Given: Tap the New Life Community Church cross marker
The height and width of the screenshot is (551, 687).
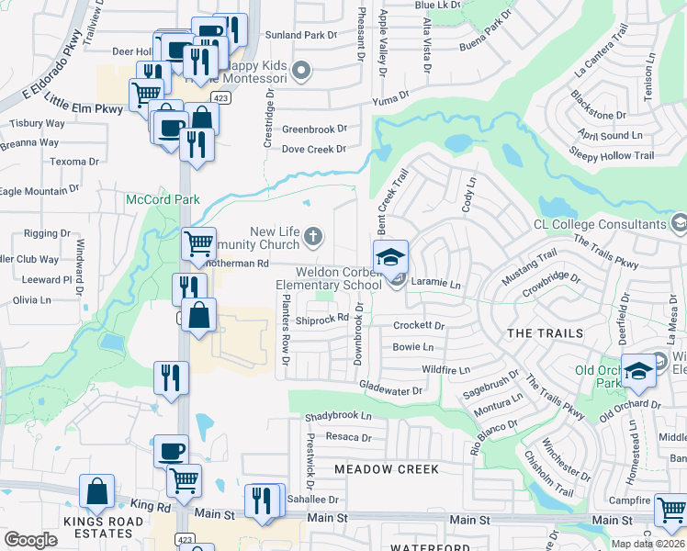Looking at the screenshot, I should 313,237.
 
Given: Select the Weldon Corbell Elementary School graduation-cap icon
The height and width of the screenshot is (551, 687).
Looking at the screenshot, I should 390,256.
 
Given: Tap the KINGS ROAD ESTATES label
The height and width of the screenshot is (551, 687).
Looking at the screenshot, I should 80,527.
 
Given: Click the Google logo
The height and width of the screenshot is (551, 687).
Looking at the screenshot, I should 31,540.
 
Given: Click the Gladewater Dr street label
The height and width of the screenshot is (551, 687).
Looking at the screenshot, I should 390,389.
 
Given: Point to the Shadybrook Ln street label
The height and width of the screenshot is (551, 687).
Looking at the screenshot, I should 339,416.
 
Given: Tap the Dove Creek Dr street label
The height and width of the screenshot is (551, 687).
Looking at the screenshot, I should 313,149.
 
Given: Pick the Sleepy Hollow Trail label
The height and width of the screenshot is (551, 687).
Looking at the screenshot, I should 612,155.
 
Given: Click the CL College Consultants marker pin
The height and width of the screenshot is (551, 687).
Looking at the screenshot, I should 679,224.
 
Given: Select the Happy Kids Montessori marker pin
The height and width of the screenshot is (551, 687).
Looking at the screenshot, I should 300,70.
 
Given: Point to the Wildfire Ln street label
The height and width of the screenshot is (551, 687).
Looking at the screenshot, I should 445,369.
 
